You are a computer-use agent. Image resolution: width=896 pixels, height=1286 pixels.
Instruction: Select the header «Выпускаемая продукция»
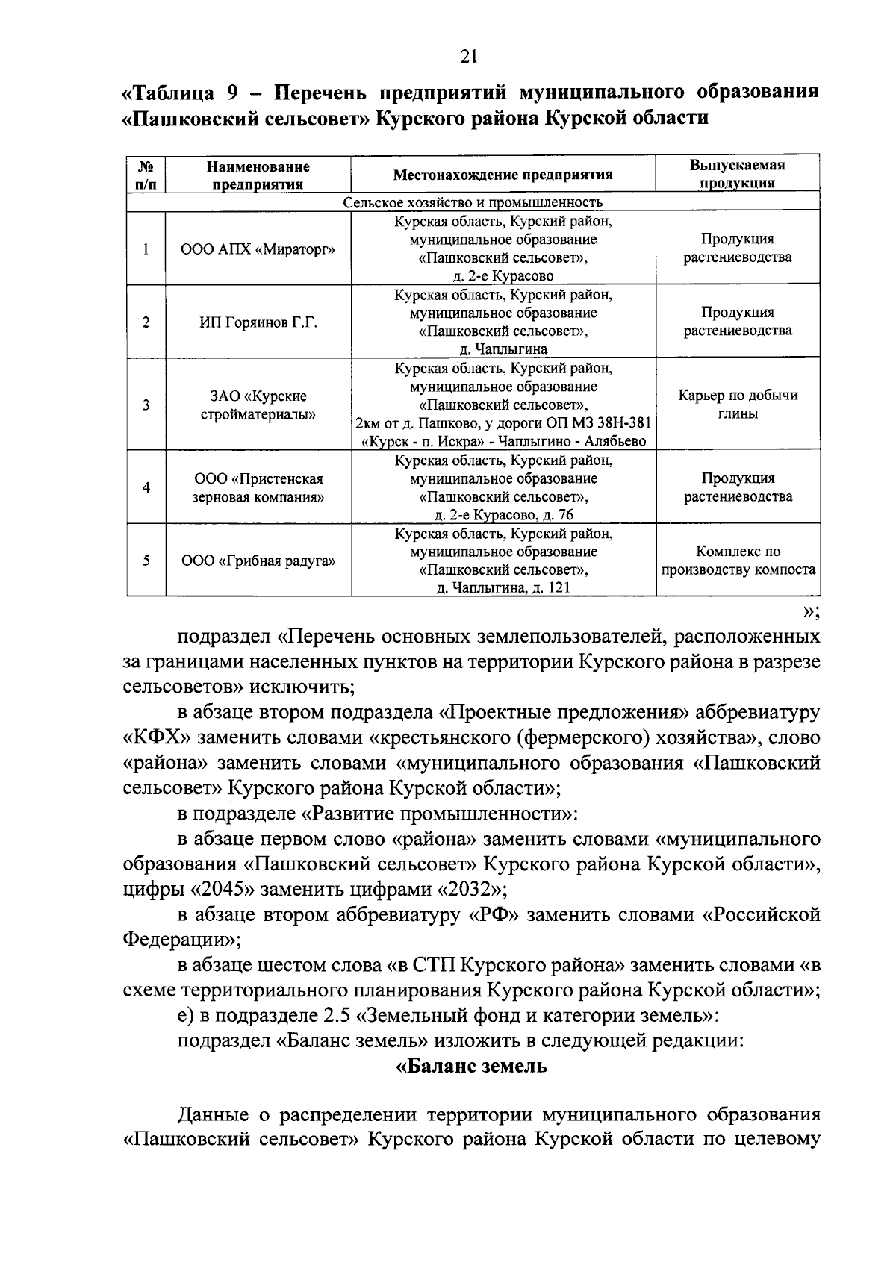click(737, 174)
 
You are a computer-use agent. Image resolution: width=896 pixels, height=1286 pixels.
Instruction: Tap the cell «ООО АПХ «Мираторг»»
click(258, 249)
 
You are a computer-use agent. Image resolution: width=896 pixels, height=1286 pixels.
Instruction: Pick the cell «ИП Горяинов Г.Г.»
click(258, 322)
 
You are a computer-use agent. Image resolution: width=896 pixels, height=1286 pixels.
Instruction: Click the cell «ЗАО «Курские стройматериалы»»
click(258, 405)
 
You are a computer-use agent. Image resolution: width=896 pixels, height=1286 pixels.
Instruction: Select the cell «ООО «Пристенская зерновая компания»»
click(258, 487)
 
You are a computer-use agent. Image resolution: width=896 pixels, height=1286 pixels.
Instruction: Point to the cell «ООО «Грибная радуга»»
click(258, 561)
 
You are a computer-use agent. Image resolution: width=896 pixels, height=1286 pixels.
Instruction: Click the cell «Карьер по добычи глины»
click(738, 405)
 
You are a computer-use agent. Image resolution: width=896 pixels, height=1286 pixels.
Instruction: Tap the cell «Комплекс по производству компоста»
click(738, 561)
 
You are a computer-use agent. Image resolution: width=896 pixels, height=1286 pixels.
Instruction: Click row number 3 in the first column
click(146, 405)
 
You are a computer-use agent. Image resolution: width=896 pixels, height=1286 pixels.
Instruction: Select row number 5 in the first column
click(146, 561)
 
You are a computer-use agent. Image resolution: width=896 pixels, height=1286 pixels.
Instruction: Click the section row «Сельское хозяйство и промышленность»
click(473, 202)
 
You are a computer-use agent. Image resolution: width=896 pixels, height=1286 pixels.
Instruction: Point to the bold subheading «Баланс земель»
click(471, 1066)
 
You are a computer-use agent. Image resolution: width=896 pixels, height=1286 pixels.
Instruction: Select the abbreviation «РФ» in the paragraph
click(494, 915)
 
